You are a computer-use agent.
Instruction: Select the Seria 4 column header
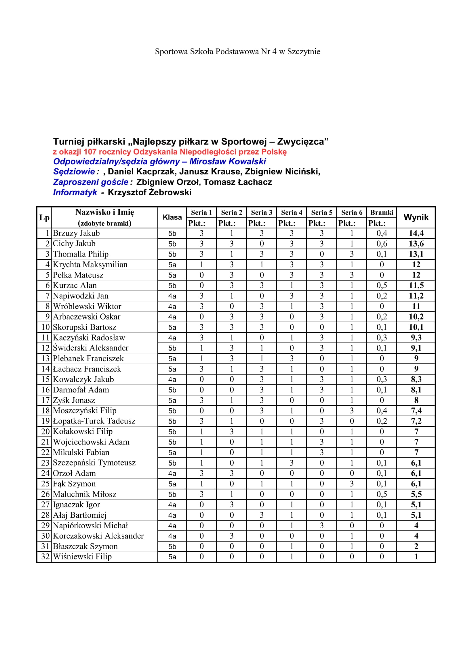coord(291,213)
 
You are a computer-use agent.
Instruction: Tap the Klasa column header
coord(172,217)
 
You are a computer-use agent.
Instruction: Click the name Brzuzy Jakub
coord(76,233)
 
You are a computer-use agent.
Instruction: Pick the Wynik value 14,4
coord(416,233)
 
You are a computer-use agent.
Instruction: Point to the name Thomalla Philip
coord(81,254)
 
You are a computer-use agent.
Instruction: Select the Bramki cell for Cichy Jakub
coord(382,244)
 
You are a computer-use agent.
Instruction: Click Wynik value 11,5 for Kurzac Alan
coord(416,285)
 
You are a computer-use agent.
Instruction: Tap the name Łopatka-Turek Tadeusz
coord(94,421)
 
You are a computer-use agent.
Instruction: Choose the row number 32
coord(45,557)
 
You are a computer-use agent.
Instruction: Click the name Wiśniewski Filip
coord(82,557)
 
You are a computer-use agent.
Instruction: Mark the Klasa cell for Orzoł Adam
coord(172,473)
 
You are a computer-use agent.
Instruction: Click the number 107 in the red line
coord(90,152)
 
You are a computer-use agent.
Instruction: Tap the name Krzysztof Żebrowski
coord(149,192)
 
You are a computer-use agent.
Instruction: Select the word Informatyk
coord(75,192)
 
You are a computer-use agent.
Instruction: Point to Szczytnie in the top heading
coord(304,51)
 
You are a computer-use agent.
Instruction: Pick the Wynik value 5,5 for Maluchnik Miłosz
coord(416,494)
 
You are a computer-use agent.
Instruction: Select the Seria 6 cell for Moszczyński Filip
coord(351,411)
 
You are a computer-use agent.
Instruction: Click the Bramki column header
coord(382,213)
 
